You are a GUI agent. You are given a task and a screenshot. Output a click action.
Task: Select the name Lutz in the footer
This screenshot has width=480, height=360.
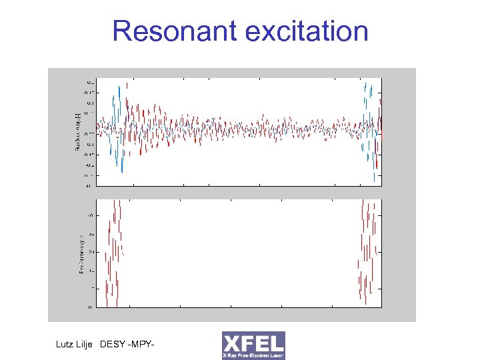[68, 345]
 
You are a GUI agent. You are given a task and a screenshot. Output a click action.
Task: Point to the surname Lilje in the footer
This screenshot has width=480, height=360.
[91, 345]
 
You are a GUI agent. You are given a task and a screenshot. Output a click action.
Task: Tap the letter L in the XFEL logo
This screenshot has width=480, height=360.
[277, 343]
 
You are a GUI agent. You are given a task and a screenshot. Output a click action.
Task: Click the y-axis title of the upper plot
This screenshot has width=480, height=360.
[78, 131]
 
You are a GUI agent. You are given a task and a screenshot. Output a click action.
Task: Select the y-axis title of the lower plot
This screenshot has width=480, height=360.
[81, 253]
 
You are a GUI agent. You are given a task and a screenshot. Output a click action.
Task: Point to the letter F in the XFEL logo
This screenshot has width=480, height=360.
[248, 343]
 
